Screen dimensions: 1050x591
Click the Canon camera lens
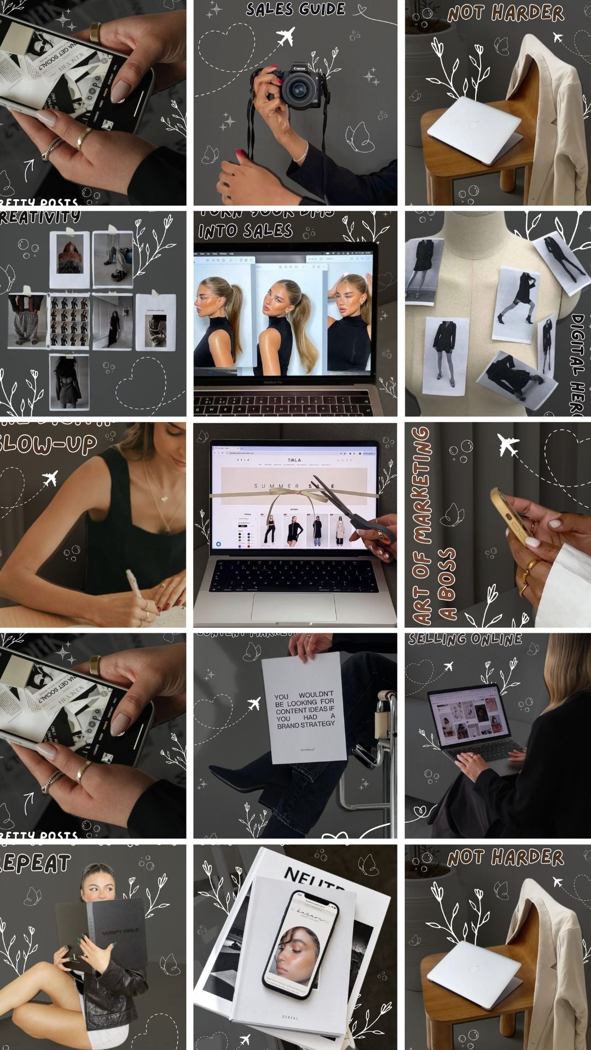(x=299, y=89)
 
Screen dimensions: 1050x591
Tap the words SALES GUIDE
(x=295, y=9)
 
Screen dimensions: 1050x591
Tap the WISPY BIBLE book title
(x=120, y=930)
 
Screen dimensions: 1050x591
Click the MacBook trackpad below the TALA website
(x=294, y=606)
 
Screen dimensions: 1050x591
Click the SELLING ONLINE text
(x=465, y=639)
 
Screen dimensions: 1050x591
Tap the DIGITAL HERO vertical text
(x=577, y=364)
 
